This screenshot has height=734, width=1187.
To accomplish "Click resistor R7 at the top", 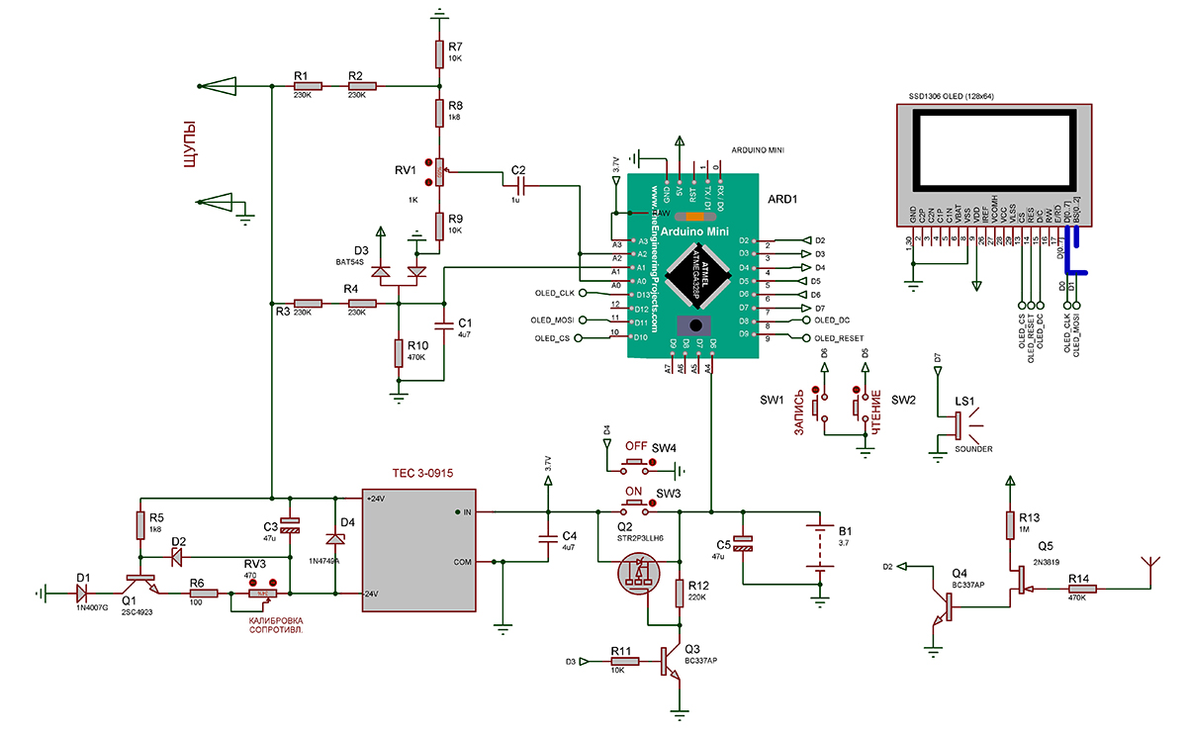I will tap(439, 52).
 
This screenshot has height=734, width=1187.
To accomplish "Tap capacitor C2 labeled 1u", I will tap(519, 185).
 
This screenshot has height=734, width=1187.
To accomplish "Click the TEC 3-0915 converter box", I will tap(419, 548).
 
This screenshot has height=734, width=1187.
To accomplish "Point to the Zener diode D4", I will tap(335, 539).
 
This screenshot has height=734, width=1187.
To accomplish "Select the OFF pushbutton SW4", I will tap(635, 463).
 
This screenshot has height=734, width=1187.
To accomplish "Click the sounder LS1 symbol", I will tap(959, 423).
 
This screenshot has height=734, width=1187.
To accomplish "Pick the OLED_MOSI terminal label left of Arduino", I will tap(553, 321).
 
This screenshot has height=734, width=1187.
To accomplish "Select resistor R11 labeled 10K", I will tap(621, 662).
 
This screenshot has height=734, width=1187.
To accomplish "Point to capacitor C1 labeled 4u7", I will tap(445, 325).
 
